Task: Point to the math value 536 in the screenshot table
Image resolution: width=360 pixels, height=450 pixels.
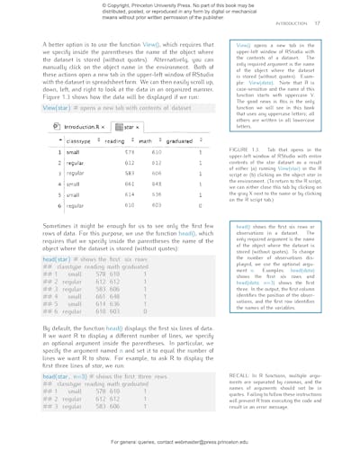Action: tap(156, 193)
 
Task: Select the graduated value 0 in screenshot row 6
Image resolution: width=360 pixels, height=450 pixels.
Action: tap(201, 206)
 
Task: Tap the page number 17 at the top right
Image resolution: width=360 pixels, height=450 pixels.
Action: tap(342, 22)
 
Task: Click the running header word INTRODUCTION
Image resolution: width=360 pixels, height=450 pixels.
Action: tap(316, 22)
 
